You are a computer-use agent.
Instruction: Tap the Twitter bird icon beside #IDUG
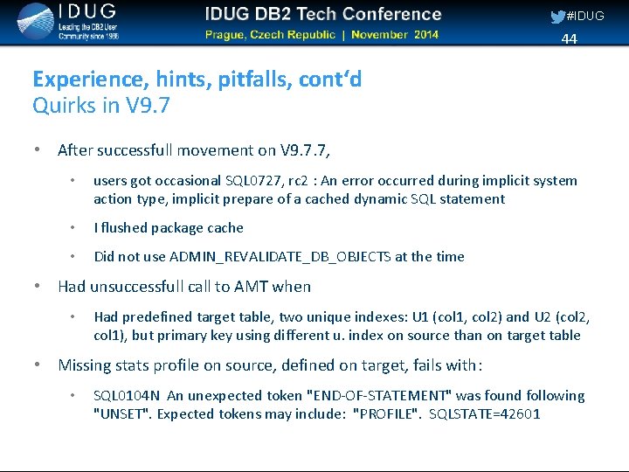[556, 16]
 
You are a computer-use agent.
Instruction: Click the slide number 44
[570, 38]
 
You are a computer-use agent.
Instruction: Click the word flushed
[124, 228]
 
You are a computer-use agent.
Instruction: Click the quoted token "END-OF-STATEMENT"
[382, 396]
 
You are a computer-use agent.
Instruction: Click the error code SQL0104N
[127, 396]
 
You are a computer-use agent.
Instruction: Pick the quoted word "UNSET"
[118, 414]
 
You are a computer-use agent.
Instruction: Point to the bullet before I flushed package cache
[76, 228]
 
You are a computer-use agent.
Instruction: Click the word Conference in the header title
[391, 14]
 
